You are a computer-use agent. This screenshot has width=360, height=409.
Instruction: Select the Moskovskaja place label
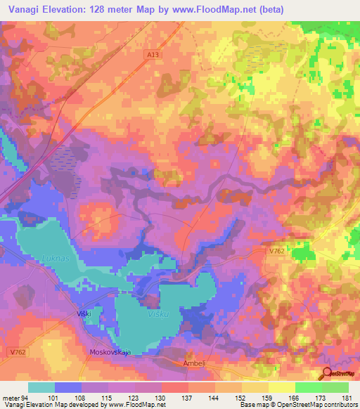tap(111, 352)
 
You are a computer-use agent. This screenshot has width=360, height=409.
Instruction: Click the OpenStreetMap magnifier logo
tap(328, 375)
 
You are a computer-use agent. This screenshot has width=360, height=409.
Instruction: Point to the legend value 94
tap(25, 397)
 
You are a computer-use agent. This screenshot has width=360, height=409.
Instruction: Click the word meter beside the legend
tap(11, 397)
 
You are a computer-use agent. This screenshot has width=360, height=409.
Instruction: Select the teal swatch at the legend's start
tap(41, 387)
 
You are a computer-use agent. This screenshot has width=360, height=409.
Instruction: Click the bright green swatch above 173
tap(308, 387)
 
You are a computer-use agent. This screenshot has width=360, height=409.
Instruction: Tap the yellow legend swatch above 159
tap(255, 387)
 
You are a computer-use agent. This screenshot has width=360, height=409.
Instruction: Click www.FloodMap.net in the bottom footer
tap(135, 405)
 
